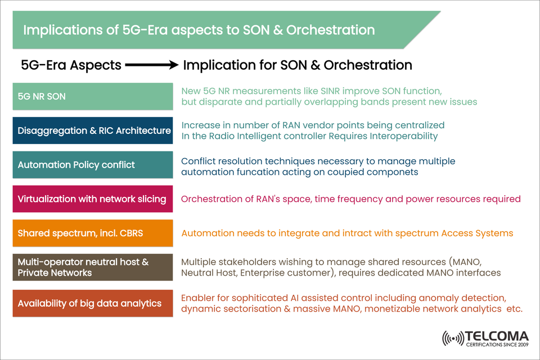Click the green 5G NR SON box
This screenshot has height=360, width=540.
[x=92, y=96]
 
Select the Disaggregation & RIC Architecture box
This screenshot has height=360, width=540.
[x=92, y=130]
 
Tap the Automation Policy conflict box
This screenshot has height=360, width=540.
[x=92, y=165]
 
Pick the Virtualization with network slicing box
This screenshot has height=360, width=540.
[x=92, y=199]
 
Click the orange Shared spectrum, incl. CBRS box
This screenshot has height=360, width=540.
[x=92, y=233]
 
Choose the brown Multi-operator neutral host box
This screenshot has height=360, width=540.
[x=92, y=268]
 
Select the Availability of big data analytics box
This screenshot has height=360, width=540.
[x=92, y=303]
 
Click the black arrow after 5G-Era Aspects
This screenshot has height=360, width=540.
[x=152, y=65]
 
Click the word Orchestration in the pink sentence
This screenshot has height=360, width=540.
[x=209, y=199]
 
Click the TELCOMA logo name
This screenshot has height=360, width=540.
[x=497, y=336]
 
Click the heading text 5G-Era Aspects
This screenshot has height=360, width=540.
[x=71, y=65]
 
